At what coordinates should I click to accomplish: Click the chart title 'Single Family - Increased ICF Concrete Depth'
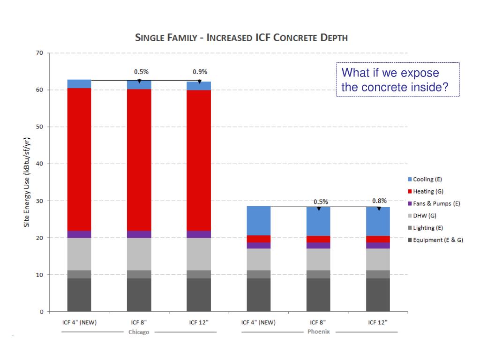pyautogui.click(x=241, y=37)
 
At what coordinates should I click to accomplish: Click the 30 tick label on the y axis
pyautogui.click(x=40, y=201)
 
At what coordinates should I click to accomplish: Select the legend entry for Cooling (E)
pyautogui.click(x=427, y=179)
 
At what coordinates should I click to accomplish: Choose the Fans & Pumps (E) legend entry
pyautogui.click(x=436, y=203)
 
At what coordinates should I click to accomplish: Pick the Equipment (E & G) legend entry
pyautogui.click(x=438, y=240)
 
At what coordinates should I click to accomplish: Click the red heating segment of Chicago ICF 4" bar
pyautogui.click(x=79, y=159)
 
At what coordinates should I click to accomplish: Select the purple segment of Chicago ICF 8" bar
pyautogui.click(x=139, y=234)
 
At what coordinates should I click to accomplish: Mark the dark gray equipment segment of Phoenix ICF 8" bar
pyautogui.click(x=318, y=295)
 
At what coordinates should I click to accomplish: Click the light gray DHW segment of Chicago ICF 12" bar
pyautogui.click(x=199, y=254)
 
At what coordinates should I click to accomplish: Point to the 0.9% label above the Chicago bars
pyautogui.click(x=200, y=72)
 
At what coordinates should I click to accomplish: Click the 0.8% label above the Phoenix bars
pyautogui.click(x=379, y=201)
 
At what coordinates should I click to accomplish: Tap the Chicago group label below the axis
pyautogui.click(x=139, y=332)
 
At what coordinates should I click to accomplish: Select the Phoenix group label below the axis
pyautogui.click(x=319, y=332)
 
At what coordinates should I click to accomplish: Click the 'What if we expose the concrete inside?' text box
pyautogui.click(x=397, y=80)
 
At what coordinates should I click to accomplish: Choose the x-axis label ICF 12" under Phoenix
pyautogui.click(x=378, y=322)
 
